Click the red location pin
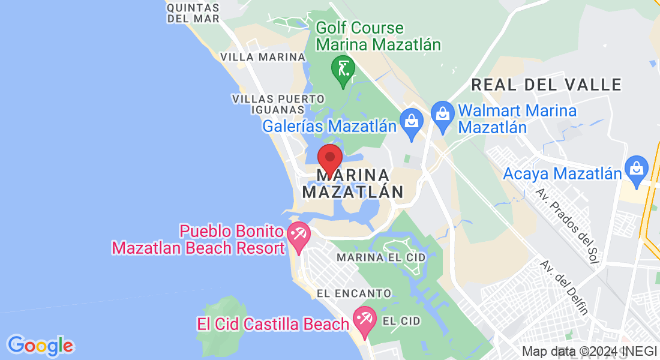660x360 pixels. [329, 159]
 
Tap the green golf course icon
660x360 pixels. [343, 69]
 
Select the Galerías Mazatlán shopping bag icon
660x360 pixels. [412, 122]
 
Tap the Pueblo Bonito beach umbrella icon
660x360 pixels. [298, 233]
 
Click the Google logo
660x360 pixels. [40, 346]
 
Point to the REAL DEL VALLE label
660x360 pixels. [546, 85]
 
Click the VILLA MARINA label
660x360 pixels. [263, 57]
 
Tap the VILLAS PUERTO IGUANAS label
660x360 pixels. [278, 104]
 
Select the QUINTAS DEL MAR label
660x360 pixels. [193, 13]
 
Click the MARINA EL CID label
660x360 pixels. [381, 257]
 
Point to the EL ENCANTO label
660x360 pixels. [354, 293]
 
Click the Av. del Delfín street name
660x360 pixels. [563, 286]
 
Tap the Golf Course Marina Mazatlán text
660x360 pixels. [378, 36]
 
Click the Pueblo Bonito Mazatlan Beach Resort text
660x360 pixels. [198, 239]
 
